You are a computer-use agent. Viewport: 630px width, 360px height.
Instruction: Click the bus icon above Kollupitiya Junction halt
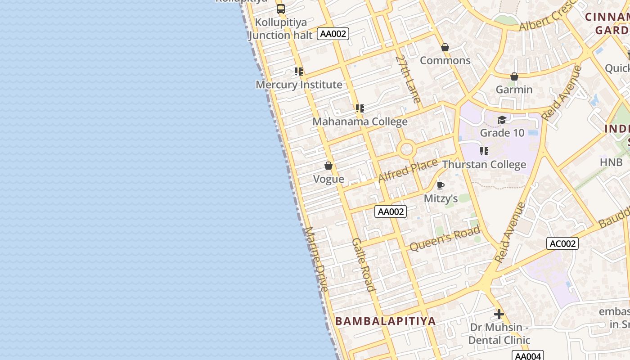pyautogui.click(x=281, y=9)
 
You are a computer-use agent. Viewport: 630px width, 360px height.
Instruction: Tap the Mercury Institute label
pyautogui.click(x=299, y=85)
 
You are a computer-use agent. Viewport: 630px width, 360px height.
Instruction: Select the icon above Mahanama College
pyautogui.click(x=360, y=108)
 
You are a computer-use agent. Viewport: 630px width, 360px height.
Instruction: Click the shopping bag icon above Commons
pyautogui.click(x=445, y=47)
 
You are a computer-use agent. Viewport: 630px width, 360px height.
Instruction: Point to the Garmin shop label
pyautogui.click(x=514, y=90)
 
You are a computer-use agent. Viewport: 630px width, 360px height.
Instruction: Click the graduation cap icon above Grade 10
pyautogui.click(x=502, y=120)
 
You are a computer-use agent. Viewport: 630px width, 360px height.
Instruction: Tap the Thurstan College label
pyautogui.click(x=484, y=165)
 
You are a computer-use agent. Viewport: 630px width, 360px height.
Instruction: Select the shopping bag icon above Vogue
pyautogui.click(x=328, y=166)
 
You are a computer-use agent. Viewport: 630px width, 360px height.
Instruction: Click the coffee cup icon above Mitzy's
pyautogui.click(x=441, y=185)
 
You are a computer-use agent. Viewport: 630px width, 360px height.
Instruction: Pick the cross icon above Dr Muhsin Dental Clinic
pyautogui.click(x=499, y=314)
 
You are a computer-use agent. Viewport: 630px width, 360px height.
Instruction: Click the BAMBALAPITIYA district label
pyautogui.click(x=386, y=321)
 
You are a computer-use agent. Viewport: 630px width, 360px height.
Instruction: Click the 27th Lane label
pyautogui.click(x=408, y=79)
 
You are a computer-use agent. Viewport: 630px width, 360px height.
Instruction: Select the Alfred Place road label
pyautogui.click(x=408, y=171)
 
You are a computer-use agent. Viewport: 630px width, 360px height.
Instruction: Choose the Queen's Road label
pyautogui.click(x=445, y=238)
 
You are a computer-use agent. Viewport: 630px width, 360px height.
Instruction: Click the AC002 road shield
pyautogui.click(x=562, y=243)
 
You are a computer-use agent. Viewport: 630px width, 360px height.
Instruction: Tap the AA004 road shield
pyautogui.click(x=528, y=356)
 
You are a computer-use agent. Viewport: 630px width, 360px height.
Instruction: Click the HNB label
pyautogui.click(x=611, y=162)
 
